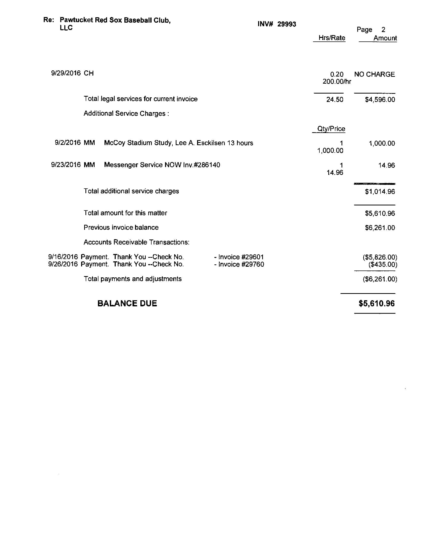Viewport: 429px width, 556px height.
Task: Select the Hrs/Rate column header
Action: click(332, 38)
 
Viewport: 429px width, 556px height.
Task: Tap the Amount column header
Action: click(385, 38)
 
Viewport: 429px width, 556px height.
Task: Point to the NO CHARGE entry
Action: click(374, 74)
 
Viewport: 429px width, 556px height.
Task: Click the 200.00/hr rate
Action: click(337, 81)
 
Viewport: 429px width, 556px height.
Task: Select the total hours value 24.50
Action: click(335, 100)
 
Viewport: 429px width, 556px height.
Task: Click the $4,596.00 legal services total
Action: click(380, 100)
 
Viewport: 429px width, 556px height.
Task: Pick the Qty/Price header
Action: click(331, 129)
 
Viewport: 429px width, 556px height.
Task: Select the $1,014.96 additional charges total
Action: click(380, 191)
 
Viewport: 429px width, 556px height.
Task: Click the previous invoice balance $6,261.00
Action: click(380, 228)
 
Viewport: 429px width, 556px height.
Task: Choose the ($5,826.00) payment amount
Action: click(380, 257)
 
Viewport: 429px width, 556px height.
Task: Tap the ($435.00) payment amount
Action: click(382, 264)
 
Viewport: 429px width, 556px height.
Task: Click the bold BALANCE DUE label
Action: click(127, 304)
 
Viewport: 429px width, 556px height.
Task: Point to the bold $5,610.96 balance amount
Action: click(377, 304)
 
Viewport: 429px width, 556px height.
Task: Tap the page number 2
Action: click(383, 30)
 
